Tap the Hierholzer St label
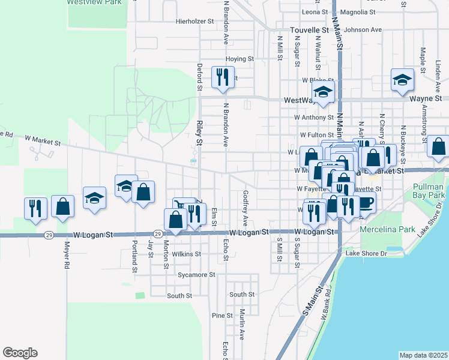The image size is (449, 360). pyautogui.click(x=194, y=21)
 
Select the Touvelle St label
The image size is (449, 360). pyautogui.click(x=309, y=29)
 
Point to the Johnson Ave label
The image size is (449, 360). pyautogui.click(x=363, y=29)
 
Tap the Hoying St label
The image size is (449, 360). pyautogui.click(x=240, y=59)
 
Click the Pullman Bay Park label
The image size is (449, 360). pyautogui.click(x=429, y=191)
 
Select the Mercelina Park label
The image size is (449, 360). pyautogui.click(x=379, y=229)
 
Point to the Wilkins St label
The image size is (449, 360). pyautogui.click(x=186, y=254)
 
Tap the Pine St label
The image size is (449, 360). pyautogui.click(x=221, y=316)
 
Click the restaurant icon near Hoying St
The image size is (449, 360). pyautogui.click(x=223, y=77)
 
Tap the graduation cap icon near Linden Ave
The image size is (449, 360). pyautogui.click(x=402, y=79)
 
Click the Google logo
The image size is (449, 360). pyautogui.click(x=20, y=353)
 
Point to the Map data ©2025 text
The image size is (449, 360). pyautogui.click(x=423, y=355)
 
